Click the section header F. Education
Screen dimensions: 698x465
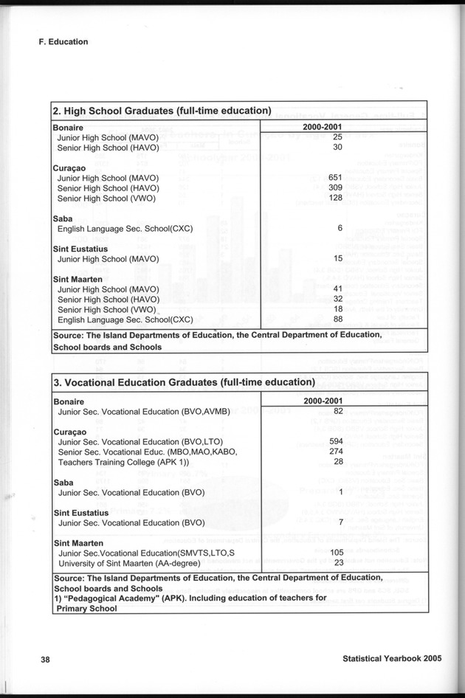(63, 42)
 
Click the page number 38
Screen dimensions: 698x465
(45, 660)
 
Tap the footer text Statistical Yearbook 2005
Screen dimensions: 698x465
(392, 660)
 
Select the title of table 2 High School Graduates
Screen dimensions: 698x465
(162, 111)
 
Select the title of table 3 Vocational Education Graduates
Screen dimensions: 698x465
(185, 383)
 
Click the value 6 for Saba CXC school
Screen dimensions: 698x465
(340, 228)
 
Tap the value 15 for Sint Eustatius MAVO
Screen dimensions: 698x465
(338, 258)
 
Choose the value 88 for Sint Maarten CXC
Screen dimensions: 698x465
(338, 319)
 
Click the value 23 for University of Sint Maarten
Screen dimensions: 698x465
(339, 563)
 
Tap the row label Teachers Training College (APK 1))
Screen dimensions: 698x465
(124, 462)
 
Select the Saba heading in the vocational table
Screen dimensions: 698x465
(63, 481)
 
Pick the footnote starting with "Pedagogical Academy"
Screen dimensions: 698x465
(190, 598)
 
